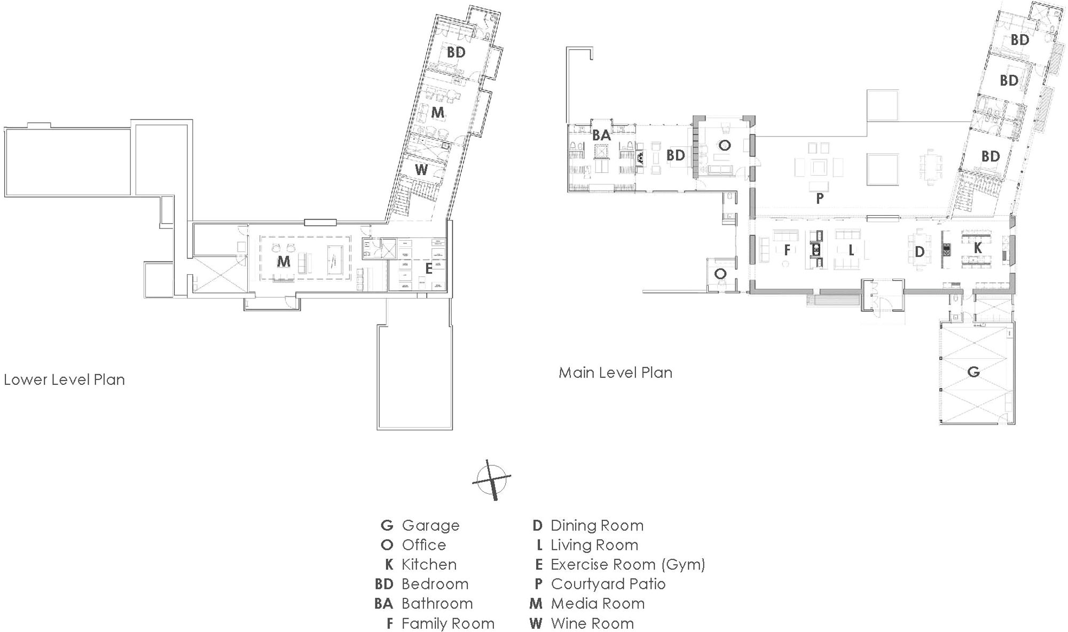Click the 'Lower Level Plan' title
(x=64, y=380)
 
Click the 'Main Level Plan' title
(x=615, y=373)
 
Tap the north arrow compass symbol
(x=492, y=479)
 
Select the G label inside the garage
(x=973, y=372)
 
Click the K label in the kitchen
(x=978, y=248)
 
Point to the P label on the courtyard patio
(x=820, y=199)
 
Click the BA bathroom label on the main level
(x=601, y=136)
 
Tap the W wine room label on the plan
(x=421, y=170)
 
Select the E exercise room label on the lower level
(x=428, y=270)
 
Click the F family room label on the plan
(x=787, y=250)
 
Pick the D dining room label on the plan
(x=920, y=252)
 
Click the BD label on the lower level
(x=456, y=52)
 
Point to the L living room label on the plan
(x=851, y=250)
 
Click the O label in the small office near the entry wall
(x=720, y=274)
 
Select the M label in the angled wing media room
(x=437, y=113)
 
